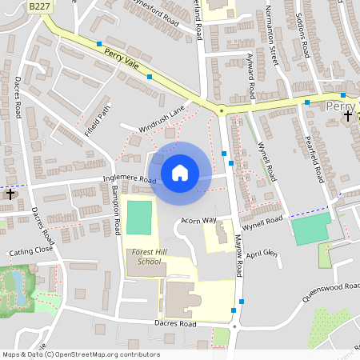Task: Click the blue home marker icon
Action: tap(180, 172)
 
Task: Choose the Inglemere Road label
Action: tap(128, 180)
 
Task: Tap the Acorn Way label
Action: tap(199, 220)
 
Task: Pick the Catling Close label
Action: tap(31, 251)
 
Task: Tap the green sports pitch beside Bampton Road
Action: tap(138, 218)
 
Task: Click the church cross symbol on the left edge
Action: tap(10, 194)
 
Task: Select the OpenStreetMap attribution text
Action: tap(80, 354)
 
